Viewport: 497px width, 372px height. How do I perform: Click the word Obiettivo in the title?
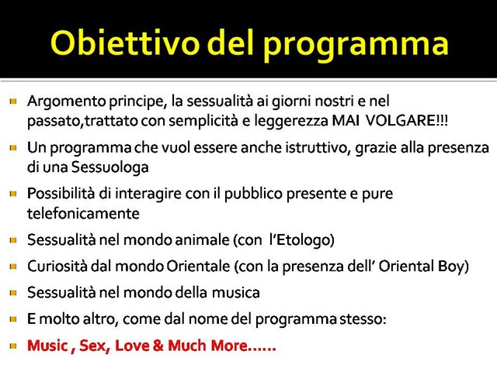click(125, 43)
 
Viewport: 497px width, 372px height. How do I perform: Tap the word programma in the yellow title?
click(356, 46)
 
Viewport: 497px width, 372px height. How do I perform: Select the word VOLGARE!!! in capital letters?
click(406, 121)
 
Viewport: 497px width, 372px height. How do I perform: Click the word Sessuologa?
click(110, 167)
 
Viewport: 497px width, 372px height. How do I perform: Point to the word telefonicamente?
click(83, 214)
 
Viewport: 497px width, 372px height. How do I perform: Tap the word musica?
click(236, 293)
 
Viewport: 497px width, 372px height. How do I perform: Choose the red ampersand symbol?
click(158, 346)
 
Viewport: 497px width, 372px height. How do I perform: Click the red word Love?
click(132, 346)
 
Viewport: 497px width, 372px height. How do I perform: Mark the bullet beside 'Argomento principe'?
click(13, 102)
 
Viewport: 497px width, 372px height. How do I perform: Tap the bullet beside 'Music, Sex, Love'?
click(13, 346)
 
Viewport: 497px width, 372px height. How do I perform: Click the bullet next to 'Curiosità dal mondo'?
click(13, 267)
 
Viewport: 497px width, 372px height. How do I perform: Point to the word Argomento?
click(67, 102)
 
